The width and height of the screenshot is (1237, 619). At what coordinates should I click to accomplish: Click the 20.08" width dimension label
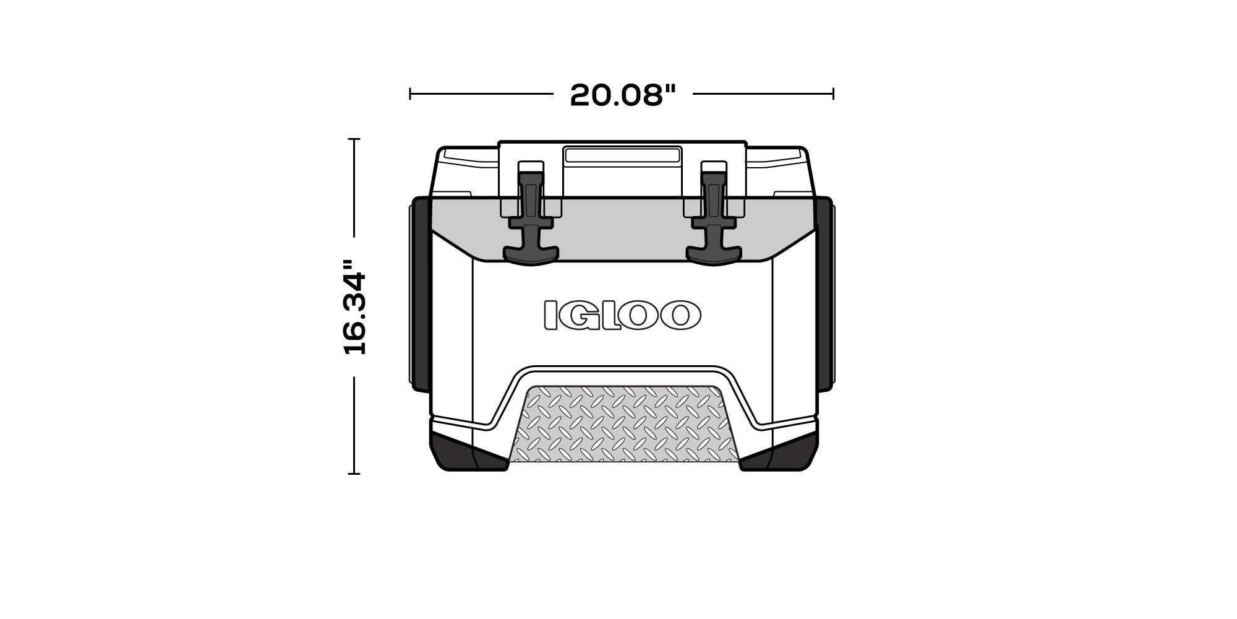(x=623, y=95)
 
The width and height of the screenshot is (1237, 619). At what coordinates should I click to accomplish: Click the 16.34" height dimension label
(x=355, y=307)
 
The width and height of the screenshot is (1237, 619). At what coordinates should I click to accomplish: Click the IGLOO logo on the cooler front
(x=622, y=314)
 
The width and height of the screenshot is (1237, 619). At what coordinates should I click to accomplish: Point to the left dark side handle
(x=421, y=294)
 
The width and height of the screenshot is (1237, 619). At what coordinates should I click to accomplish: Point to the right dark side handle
(x=825, y=294)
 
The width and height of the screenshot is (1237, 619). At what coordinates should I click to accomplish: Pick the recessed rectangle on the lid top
(x=622, y=155)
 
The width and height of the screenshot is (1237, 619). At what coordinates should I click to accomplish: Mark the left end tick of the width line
(x=410, y=94)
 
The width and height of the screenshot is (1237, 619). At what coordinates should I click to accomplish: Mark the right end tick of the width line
(x=834, y=94)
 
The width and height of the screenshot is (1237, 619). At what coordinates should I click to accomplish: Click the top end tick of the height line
(x=354, y=139)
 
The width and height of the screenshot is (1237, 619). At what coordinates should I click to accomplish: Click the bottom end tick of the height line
(x=354, y=474)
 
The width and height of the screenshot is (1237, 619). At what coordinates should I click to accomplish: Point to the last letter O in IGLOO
(x=680, y=314)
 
